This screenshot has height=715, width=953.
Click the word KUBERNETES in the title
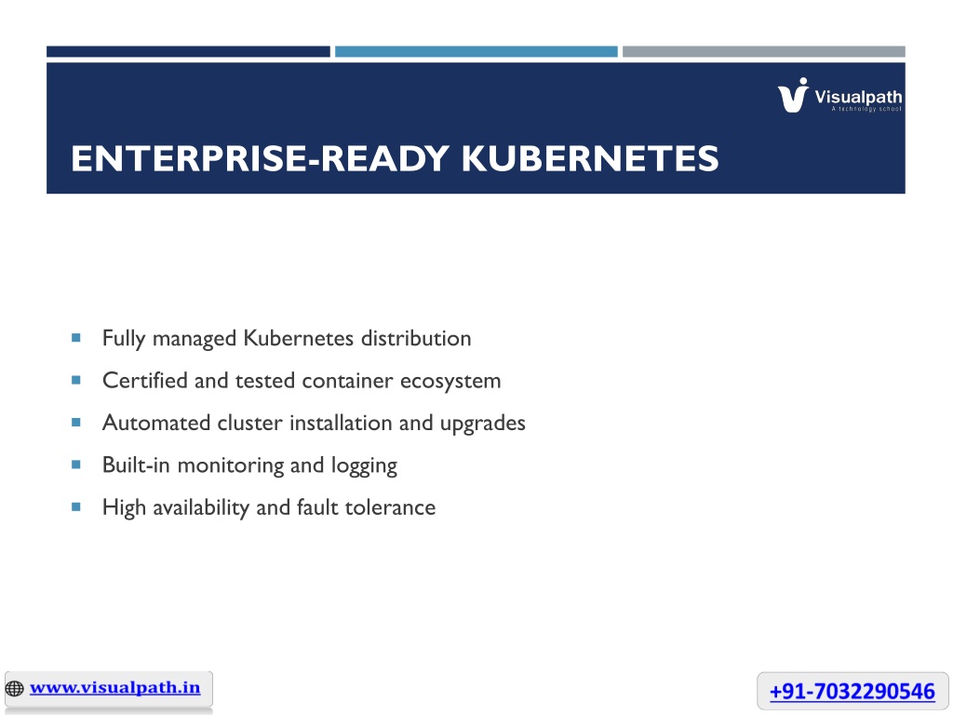[x=589, y=158]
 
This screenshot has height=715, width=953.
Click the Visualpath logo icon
[x=793, y=95]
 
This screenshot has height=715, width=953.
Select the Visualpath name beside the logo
[x=858, y=97]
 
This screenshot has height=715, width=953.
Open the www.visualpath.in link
[x=114, y=688]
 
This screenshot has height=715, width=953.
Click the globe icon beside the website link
[x=15, y=688]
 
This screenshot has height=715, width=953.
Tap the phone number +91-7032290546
[x=852, y=692]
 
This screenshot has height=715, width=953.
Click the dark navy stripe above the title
[x=188, y=52]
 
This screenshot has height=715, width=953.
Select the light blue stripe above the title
[x=476, y=52]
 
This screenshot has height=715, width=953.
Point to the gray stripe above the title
[x=764, y=52]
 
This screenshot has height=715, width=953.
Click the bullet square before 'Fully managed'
[x=76, y=337]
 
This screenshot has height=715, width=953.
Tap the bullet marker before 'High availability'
[x=76, y=506]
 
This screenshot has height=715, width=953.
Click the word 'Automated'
[x=156, y=423]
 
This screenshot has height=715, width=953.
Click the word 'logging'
[x=364, y=466]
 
